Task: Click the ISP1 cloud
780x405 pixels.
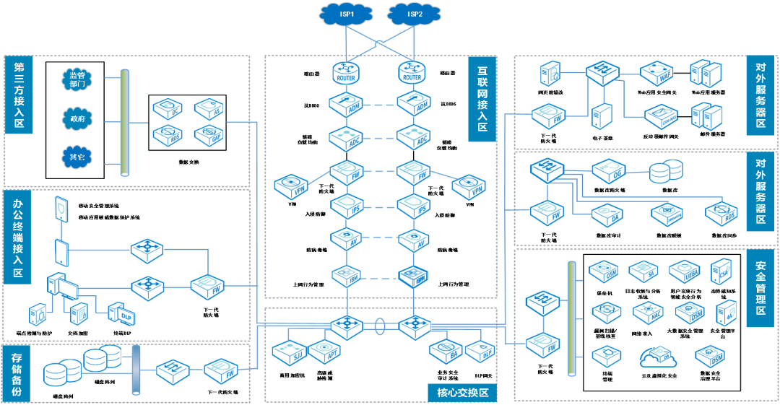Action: coord(346,14)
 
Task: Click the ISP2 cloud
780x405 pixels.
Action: coord(414,14)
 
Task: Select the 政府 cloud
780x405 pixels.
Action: coord(77,118)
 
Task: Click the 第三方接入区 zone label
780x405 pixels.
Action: coord(19,94)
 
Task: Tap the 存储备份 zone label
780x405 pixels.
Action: coord(18,373)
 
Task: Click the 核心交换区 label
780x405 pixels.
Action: coord(463,393)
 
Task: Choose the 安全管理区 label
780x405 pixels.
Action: coord(760,288)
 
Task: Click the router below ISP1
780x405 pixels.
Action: coord(347,72)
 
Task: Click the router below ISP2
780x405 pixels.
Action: coord(413,72)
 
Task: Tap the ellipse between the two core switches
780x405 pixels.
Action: coord(380,327)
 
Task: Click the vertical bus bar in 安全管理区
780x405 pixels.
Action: coord(572,318)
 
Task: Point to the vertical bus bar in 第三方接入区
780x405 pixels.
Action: coord(125,123)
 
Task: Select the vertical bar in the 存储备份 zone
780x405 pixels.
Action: coord(136,370)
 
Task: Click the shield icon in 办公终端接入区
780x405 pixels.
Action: coord(61,209)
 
